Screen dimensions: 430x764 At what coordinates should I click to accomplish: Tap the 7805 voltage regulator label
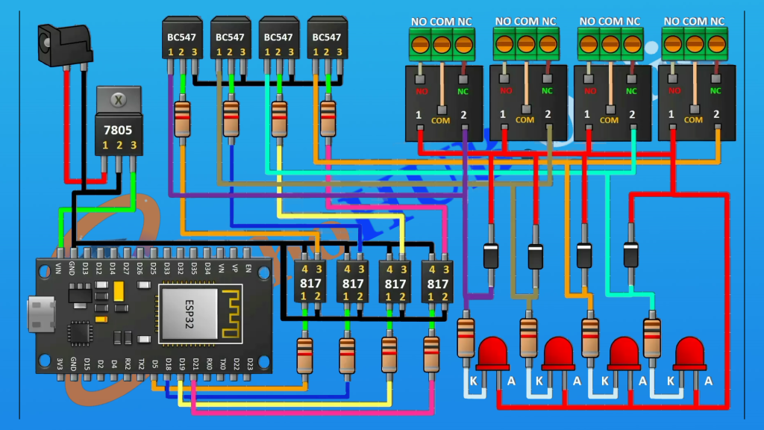(x=118, y=129)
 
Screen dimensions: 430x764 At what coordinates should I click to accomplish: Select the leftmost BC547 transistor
(x=181, y=40)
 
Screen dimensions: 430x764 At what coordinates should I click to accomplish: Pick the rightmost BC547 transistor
(x=327, y=40)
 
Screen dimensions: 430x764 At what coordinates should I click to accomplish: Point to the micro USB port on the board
(x=40, y=314)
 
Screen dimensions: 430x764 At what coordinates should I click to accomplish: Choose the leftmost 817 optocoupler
(x=310, y=282)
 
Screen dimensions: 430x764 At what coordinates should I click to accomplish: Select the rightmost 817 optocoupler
(x=436, y=282)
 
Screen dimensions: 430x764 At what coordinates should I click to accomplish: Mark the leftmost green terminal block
(x=441, y=43)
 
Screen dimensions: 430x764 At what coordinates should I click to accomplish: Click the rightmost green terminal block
(x=694, y=43)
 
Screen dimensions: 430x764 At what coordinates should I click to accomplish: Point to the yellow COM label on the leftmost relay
(x=440, y=119)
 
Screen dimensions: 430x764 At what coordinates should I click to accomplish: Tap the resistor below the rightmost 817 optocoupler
(x=431, y=355)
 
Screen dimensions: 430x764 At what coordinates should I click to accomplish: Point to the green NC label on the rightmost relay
(x=716, y=90)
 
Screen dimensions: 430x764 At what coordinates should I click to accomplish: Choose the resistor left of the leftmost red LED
(x=466, y=337)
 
